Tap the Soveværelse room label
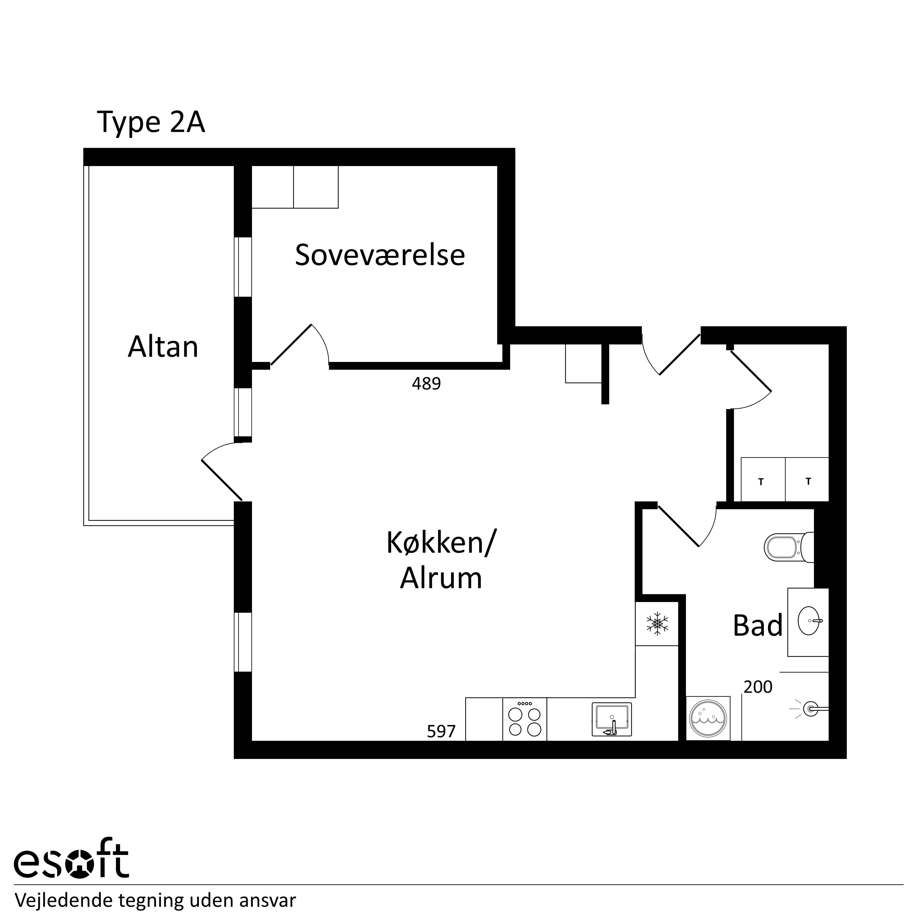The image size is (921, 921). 380,255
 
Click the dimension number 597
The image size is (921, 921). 441,731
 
